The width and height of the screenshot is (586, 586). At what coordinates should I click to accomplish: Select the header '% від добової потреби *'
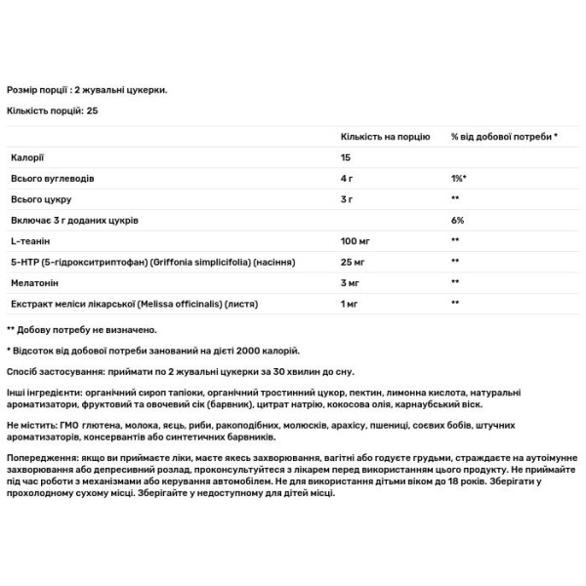tap(504, 136)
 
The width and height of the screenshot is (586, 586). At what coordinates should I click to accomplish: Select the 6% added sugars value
tap(457, 221)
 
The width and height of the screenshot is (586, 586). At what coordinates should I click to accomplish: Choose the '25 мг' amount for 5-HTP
tap(354, 262)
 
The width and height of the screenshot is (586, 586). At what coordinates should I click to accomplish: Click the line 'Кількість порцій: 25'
tap(52, 110)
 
